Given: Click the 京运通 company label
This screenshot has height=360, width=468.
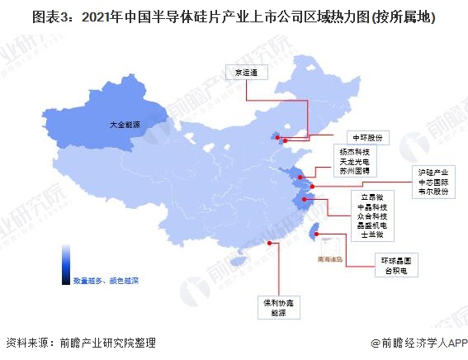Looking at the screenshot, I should point(247,73).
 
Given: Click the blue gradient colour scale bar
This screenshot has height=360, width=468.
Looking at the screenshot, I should point(64,263).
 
